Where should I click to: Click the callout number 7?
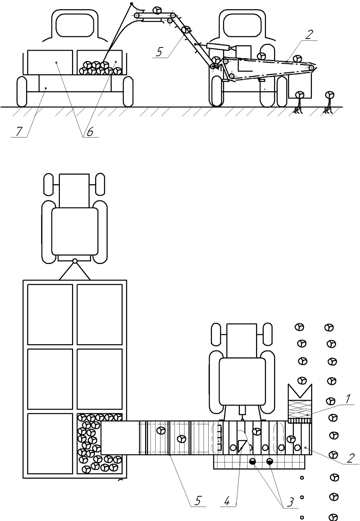point(19,131)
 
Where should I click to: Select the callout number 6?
point(90,132)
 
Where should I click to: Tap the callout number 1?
point(348,399)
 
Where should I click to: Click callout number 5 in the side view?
point(159,52)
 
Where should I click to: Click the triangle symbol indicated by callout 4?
point(242,446)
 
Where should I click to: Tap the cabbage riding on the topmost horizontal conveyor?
point(157,10)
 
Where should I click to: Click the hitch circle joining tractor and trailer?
point(75,261)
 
